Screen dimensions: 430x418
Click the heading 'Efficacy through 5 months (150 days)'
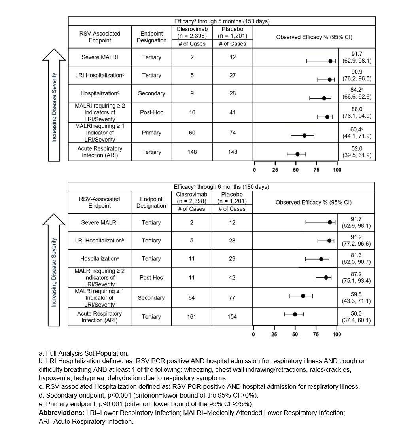pyautogui.click(x=222, y=21)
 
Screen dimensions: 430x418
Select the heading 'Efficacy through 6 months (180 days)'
pyautogui.click(x=221, y=187)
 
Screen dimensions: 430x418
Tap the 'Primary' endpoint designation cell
pyautogui.click(x=152, y=133)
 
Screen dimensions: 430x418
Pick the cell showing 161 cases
pyautogui.click(x=191, y=317)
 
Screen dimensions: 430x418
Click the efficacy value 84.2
pyautogui.click(x=357, y=90)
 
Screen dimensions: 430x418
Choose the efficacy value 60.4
pyautogui.click(x=357, y=130)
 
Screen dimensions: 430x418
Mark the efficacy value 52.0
pyautogui.click(x=357, y=149)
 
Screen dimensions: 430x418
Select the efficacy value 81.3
pyautogui.click(x=356, y=255)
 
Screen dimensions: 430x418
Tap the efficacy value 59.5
pyautogui.click(x=356, y=295)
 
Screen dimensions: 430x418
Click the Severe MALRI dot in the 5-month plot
pyautogui.click(x=330, y=61)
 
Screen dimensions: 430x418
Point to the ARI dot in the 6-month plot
pyautogui.click(x=295, y=314)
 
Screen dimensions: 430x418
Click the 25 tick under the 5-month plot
pyautogui.click(x=275, y=170)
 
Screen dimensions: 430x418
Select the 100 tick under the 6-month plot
pyautogui.click(x=337, y=334)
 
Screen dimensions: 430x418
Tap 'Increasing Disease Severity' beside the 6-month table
pyautogui.click(x=54, y=273)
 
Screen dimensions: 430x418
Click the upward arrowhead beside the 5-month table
pyautogui.click(x=54, y=55)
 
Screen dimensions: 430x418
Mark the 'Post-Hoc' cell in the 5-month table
pyautogui.click(x=152, y=112)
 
